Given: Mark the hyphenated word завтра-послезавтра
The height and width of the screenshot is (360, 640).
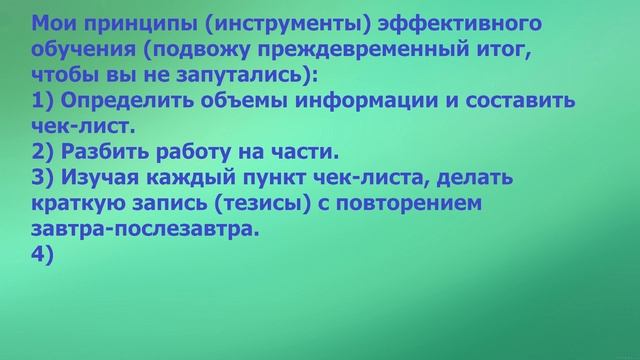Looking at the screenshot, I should tap(142, 229).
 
